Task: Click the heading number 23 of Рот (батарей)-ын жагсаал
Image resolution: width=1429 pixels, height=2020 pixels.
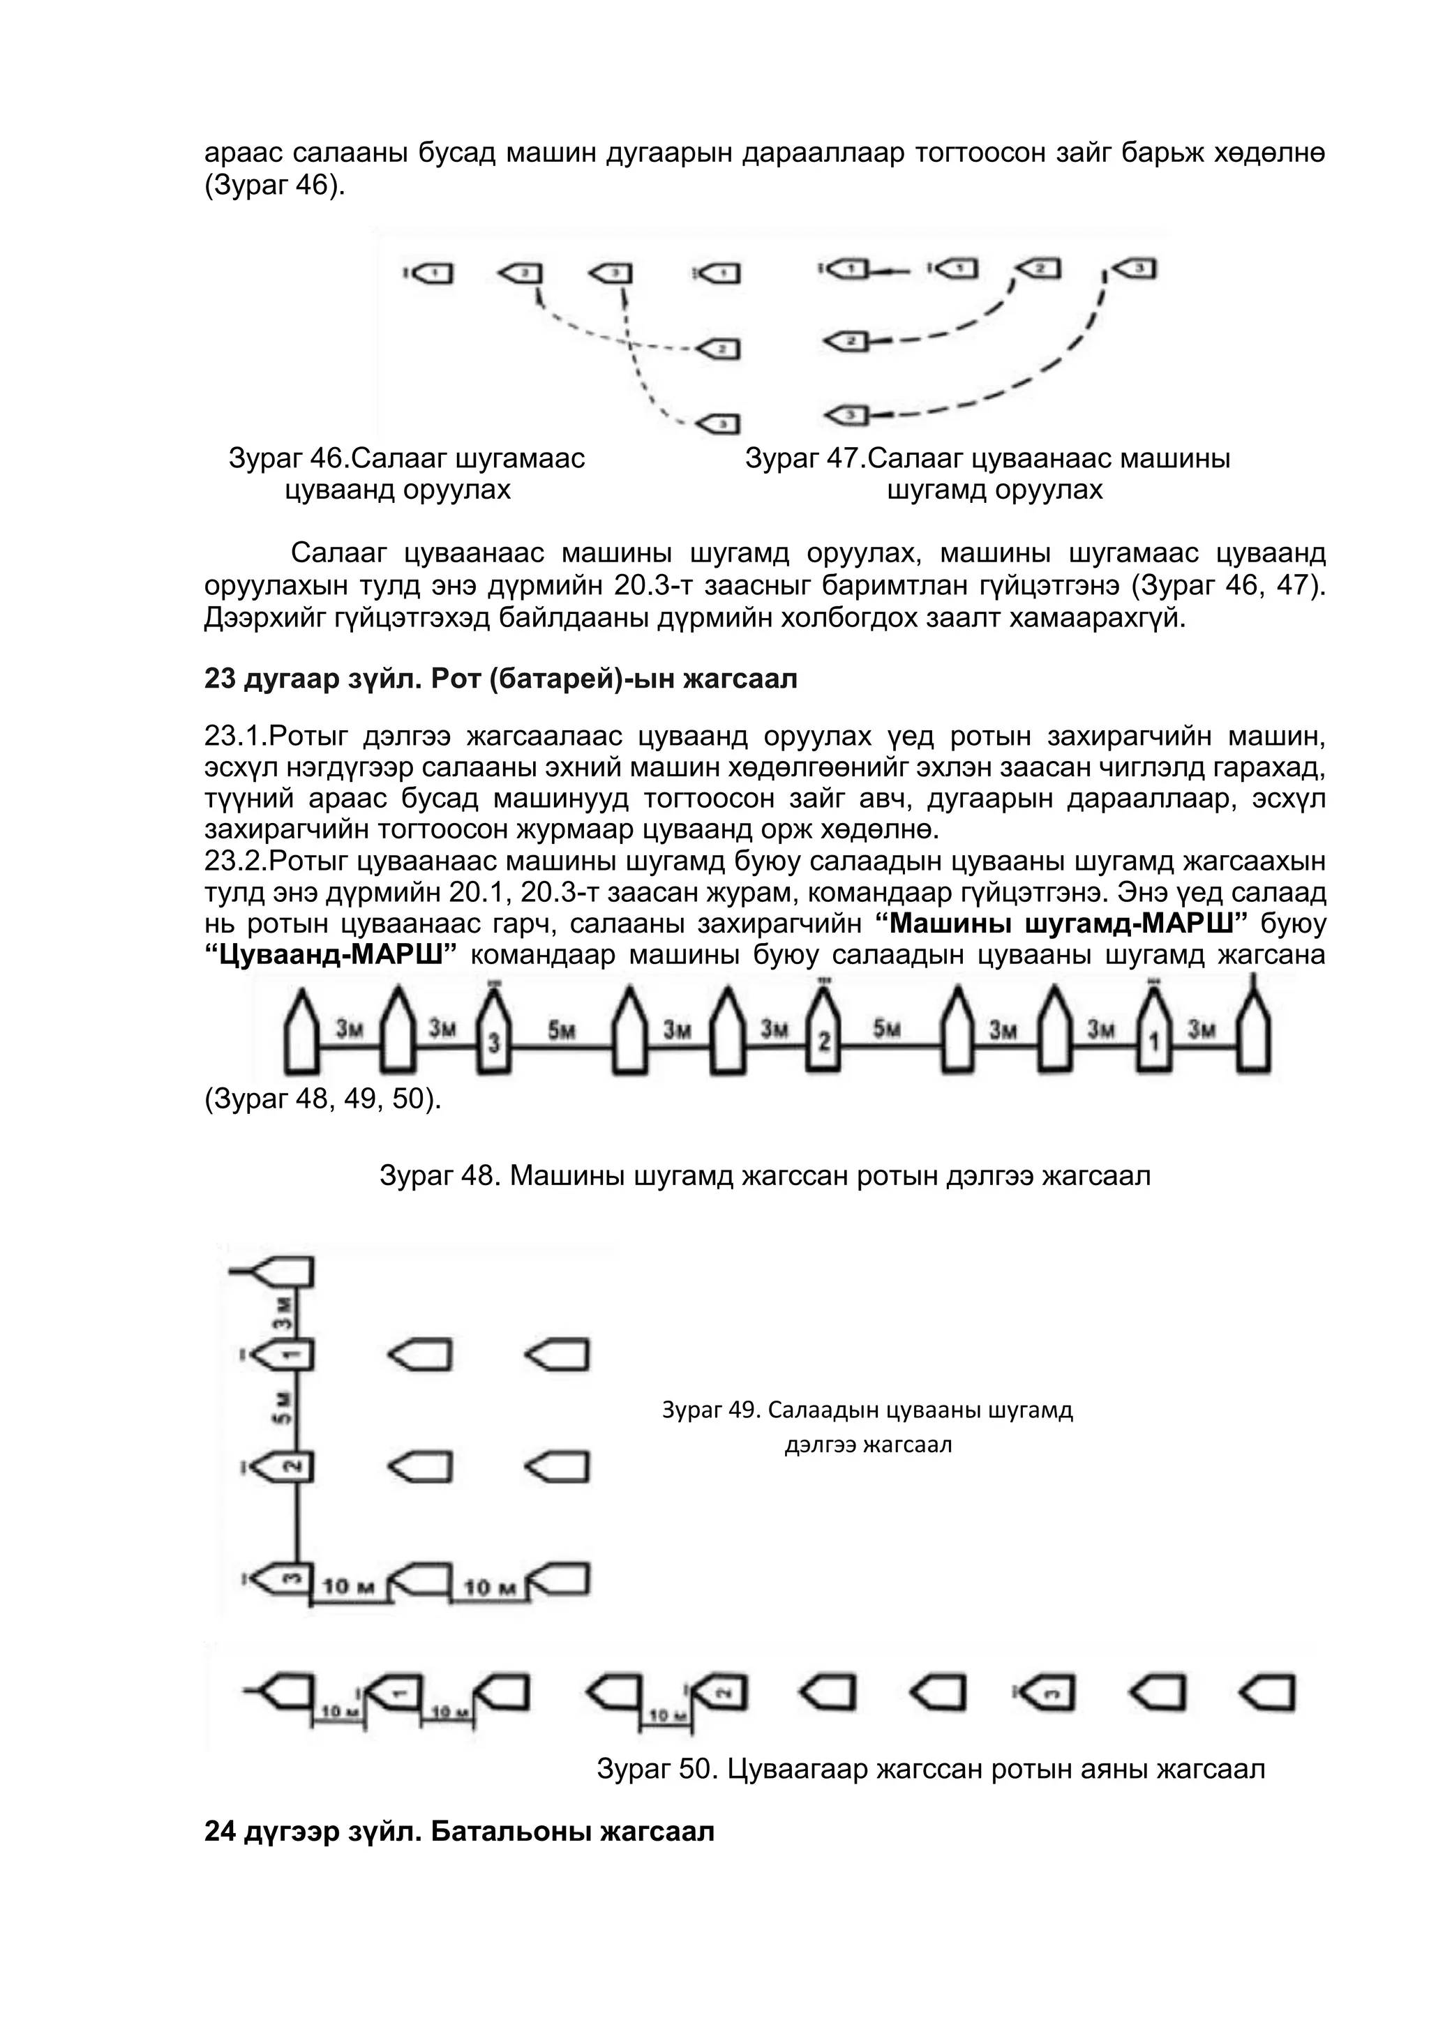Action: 220,679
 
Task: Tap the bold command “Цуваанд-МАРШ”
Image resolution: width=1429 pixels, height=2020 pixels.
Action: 336,956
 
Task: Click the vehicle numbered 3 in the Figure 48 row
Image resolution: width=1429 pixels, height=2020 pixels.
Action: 493,1034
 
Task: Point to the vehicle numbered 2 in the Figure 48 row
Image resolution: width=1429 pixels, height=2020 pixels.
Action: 823,1034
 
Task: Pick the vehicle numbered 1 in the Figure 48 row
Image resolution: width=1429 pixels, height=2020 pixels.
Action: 1155,1034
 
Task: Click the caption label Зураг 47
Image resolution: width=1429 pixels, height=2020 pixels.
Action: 802,458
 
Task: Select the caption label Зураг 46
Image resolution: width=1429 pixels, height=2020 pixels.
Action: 286,458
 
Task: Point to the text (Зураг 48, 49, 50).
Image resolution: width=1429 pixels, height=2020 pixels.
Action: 323,1100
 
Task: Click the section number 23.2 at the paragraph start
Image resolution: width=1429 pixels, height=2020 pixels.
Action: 232,861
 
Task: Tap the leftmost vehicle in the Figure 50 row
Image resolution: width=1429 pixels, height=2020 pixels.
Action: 286,1692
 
